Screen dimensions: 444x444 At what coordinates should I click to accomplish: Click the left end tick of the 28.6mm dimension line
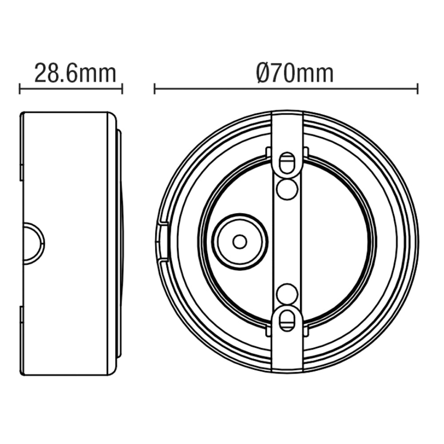20,88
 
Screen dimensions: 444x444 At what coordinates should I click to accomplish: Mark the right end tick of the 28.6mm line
122,88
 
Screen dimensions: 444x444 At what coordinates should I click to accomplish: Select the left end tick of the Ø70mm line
155,88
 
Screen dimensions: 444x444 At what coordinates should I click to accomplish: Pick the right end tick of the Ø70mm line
417,88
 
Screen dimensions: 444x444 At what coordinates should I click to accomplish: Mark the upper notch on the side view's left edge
21,171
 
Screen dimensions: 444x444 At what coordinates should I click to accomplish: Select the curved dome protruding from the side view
120,242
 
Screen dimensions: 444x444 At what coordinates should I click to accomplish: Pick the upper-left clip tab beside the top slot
269,152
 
